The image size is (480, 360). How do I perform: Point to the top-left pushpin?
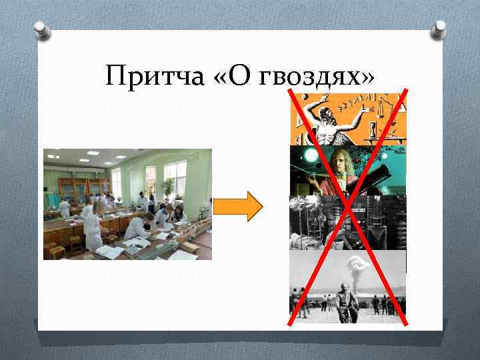pos(41,30)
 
